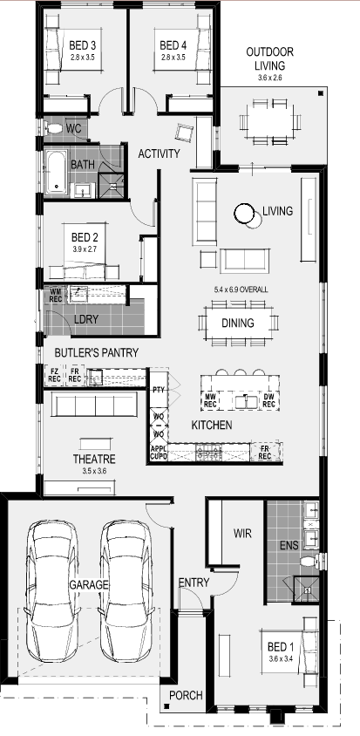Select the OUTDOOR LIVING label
268,58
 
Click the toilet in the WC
54,130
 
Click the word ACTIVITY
159,154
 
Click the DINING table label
238,324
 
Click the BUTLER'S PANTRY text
95,352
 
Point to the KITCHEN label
212,425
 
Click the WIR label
242,532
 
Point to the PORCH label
187,695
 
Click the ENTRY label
193,583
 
